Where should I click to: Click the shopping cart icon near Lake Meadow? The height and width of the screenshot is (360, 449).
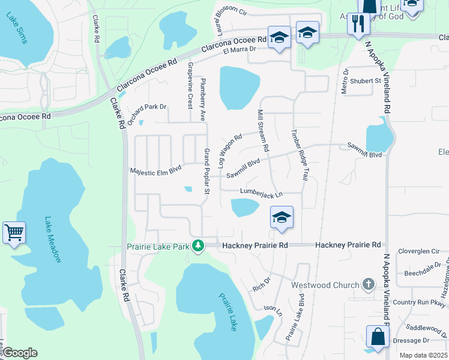(x=14, y=232)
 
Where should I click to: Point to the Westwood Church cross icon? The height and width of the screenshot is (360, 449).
(x=369, y=284)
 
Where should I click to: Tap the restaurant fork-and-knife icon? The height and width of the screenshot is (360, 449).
(x=358, y=24)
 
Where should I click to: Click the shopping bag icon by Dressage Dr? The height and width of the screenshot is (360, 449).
(x=378, y=337)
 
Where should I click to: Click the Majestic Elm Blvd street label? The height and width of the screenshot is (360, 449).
(x=155, y=171)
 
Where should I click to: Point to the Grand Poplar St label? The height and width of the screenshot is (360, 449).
(x=207, y=171)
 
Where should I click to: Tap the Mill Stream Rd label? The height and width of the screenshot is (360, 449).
(x=263, y=130)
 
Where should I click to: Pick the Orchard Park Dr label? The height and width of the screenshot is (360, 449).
(x=145, y=107)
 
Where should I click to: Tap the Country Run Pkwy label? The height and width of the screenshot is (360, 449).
(x=417, y=302)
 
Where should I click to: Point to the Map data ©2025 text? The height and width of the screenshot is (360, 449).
(x=423, y=355)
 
